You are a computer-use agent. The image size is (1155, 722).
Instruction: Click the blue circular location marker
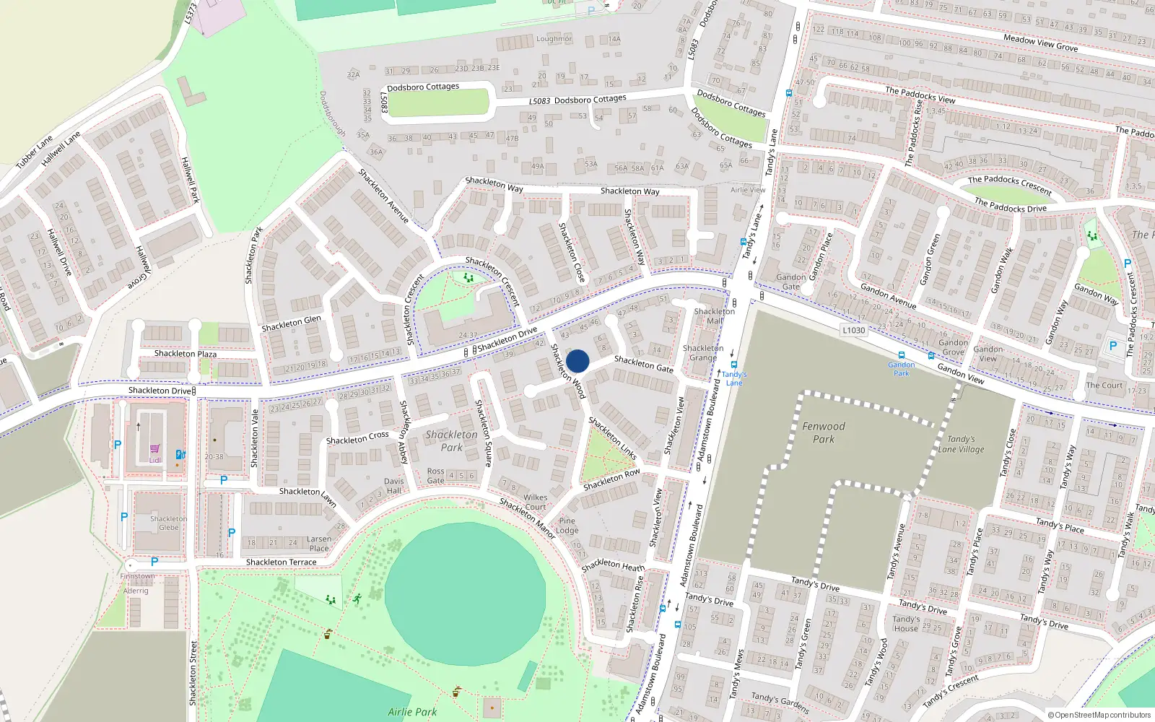click(x=577, y=361)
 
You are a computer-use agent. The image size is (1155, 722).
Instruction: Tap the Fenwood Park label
click(x=823, y=432)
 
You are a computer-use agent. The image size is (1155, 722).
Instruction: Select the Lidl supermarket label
click(x=154, y=459)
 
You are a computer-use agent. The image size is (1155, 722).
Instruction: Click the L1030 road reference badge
click(x=853, y=330)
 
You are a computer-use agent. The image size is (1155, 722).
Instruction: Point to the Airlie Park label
click(x=412, y=712)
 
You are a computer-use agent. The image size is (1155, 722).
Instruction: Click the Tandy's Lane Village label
click(x=961, y=444)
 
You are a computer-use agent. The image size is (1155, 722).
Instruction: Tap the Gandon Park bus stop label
click(x=902, y=369)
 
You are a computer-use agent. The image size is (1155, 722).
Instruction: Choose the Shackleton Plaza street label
click(x=186, y=353)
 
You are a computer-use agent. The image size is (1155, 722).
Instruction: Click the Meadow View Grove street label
click(x=1040, y=43)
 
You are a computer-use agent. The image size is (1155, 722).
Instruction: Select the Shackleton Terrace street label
click(x=281, y=562)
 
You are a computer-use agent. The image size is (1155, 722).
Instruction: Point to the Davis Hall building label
click(x=393, y=486)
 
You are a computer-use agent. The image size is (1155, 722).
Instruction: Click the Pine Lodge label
click(x=567, y=526)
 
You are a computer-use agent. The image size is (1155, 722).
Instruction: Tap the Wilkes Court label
click(x=535, y=502)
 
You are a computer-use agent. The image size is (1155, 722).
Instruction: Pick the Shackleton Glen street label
click(x=291, y=323)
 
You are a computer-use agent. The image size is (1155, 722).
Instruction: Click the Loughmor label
click(x=554, y=39)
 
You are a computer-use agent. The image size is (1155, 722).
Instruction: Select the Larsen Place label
click(x=319, y=544)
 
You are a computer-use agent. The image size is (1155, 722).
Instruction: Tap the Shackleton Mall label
click(x=715, y=316)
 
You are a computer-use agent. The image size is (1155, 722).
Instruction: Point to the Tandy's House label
click(x=906, y=624)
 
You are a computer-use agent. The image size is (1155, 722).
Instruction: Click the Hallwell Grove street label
click(x=143, y=268)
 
